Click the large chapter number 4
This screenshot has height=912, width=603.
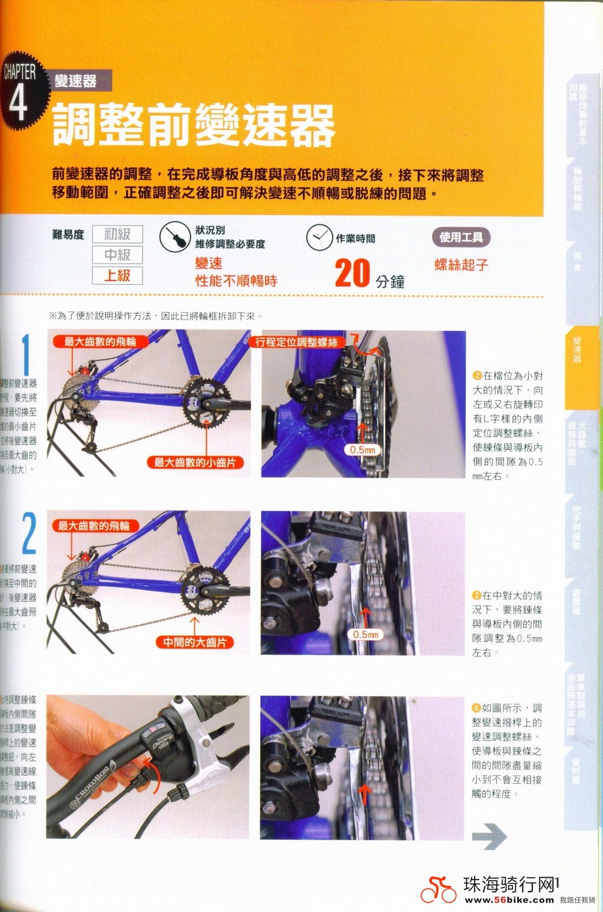[18, 101]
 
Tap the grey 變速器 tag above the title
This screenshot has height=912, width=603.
[77, 81]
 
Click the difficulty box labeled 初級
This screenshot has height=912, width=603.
[117, 234]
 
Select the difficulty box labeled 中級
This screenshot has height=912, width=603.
[117, 255]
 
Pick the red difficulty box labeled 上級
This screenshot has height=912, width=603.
[117, 276]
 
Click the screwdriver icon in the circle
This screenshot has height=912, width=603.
[174, 237]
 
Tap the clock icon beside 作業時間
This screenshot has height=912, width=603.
[319, 237]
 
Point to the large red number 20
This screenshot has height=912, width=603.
[352, 274]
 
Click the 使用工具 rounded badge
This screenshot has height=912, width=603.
[461, 237]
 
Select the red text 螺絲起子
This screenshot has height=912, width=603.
[461, 265]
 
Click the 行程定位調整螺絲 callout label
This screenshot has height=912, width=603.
[296, 342]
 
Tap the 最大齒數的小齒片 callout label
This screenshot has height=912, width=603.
[194, 463]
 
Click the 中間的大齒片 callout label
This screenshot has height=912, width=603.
[194, 642]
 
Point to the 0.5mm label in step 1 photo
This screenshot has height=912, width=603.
[362, 450]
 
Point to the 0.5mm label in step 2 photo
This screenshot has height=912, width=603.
[365, 635]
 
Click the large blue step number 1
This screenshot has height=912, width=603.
[26, 355]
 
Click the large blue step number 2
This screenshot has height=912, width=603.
[29, 533]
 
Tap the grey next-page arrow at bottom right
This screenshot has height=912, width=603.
[489, 837]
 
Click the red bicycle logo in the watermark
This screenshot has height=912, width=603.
[438, 890]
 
